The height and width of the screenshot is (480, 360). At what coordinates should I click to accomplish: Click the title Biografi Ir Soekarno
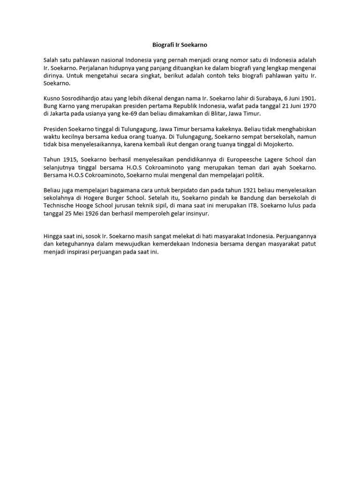(180, 45)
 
